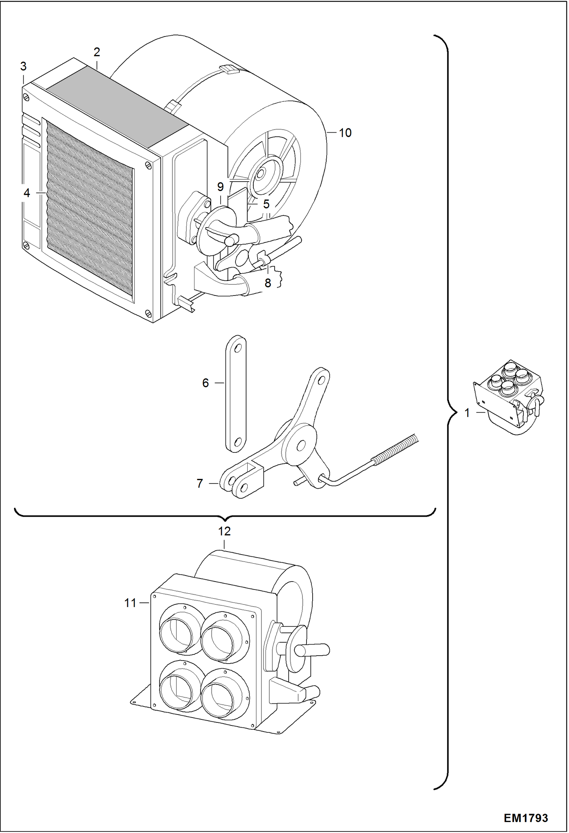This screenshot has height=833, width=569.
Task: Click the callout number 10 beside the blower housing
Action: coord(345,133)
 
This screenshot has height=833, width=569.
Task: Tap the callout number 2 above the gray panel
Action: coord(97,52)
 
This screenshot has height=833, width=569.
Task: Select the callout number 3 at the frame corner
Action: coord(24,66)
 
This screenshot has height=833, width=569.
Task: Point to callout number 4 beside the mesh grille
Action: coord(27,193)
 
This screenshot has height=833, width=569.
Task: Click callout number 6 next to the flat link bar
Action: coord(205,383)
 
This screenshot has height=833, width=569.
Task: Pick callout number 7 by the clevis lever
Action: coord(200,484)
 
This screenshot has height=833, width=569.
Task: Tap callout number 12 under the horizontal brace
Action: coord(224,531)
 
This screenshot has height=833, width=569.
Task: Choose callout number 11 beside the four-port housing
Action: coord(130,603)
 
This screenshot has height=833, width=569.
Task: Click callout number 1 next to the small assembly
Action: coord(467,413)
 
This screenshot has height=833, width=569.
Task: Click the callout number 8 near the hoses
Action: coord(268,283)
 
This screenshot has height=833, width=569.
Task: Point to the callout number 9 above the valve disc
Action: coord(220,187)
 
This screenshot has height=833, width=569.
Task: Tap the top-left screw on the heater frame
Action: coord(26,97)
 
